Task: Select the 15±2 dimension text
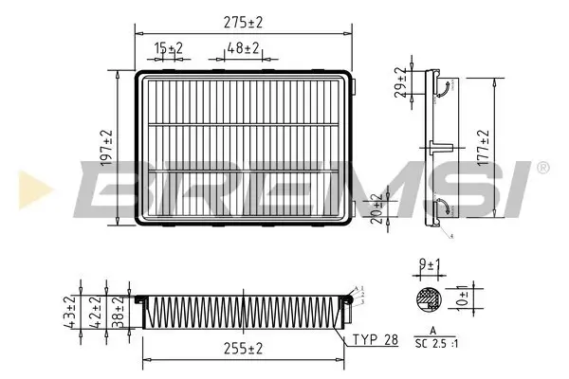tap(169, 47)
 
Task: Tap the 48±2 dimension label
tap(245, 47)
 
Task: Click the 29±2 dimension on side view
tap(400, 83)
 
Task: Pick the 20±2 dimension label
tap(376, 206)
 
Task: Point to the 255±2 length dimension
tap(244, 350)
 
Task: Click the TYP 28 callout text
tap(376, 340)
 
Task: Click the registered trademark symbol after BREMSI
tap(541, 167)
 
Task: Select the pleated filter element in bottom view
tap(242, 308)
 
